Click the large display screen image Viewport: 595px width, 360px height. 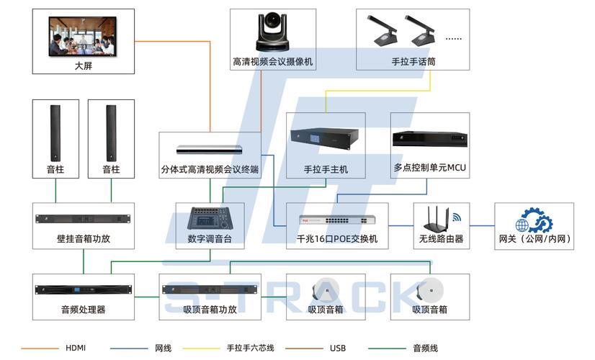(84, 36)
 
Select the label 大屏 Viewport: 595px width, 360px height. (84, 66)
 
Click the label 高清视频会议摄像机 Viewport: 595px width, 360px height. (272, 62)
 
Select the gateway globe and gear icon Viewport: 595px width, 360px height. (534, 220)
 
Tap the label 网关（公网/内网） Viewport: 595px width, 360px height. (534, 239)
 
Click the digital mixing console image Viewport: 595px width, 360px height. (210, 218)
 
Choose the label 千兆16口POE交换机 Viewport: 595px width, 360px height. (337, 239)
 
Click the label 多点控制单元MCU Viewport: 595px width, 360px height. (429, 168)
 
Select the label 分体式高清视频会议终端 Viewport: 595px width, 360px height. (210, 169)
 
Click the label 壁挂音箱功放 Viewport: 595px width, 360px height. (84, 239)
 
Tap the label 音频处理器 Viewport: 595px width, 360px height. (84, 310)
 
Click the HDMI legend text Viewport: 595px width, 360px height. (76, 348)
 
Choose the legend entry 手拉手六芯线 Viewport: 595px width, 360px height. (250, 348)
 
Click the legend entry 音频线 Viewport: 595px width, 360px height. (425, 348)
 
